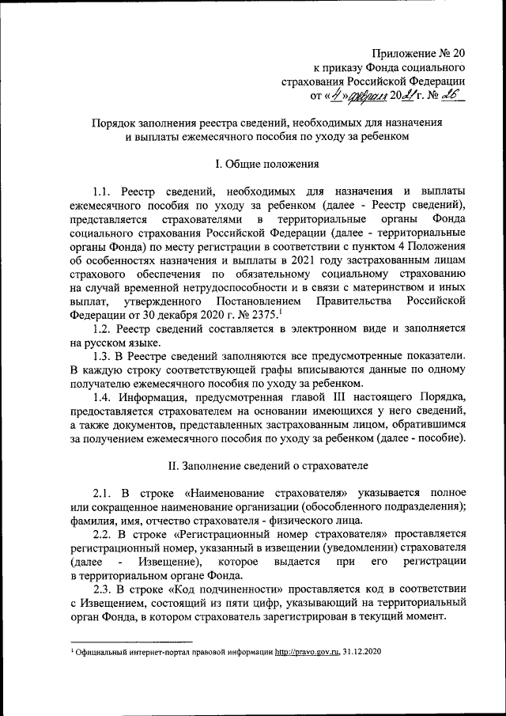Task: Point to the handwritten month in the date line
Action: pos(368,97)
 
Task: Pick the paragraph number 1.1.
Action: pos(104,192)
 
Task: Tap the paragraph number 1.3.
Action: pos(104,357)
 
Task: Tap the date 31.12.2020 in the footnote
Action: pos(363,651)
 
